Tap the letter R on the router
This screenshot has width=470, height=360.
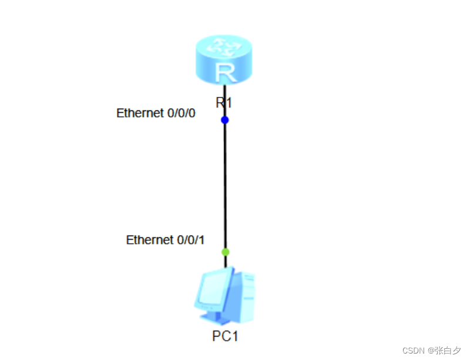pos(224,72)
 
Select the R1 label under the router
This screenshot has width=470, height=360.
pos(224,103)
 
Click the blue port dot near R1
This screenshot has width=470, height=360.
pos(224,120)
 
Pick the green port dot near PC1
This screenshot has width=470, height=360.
pos(225,252)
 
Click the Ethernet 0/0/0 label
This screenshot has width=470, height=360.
pos(156,113)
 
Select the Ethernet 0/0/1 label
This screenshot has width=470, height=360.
pos(165,240)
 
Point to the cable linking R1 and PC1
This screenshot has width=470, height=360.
pos(224,185)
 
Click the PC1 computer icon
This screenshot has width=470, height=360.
pos(224,297)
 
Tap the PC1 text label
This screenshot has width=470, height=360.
pos(226,337)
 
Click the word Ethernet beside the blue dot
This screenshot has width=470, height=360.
pos(140,113)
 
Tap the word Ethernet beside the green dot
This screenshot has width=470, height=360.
pos(149,240)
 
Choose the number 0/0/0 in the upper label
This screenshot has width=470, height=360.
pos(181,113)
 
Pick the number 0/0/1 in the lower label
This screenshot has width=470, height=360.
pos(191,240)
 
